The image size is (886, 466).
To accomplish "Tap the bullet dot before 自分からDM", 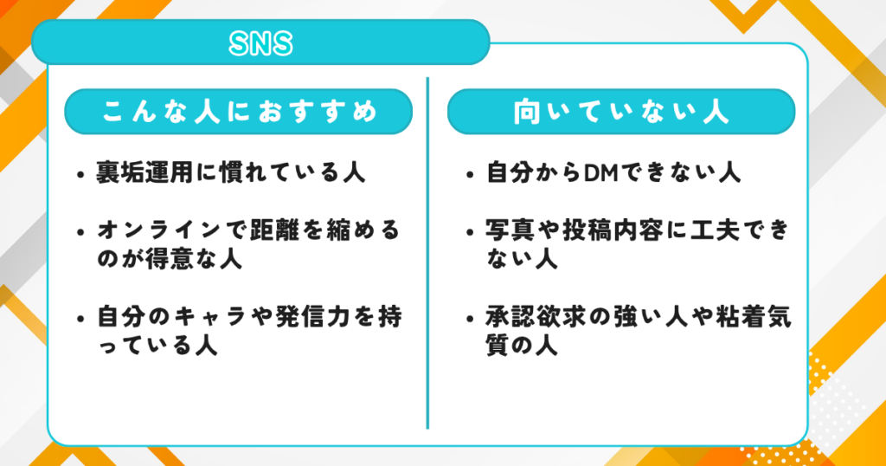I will (x=468, y=173).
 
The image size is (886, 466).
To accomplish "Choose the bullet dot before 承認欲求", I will (x=468, y=318).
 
